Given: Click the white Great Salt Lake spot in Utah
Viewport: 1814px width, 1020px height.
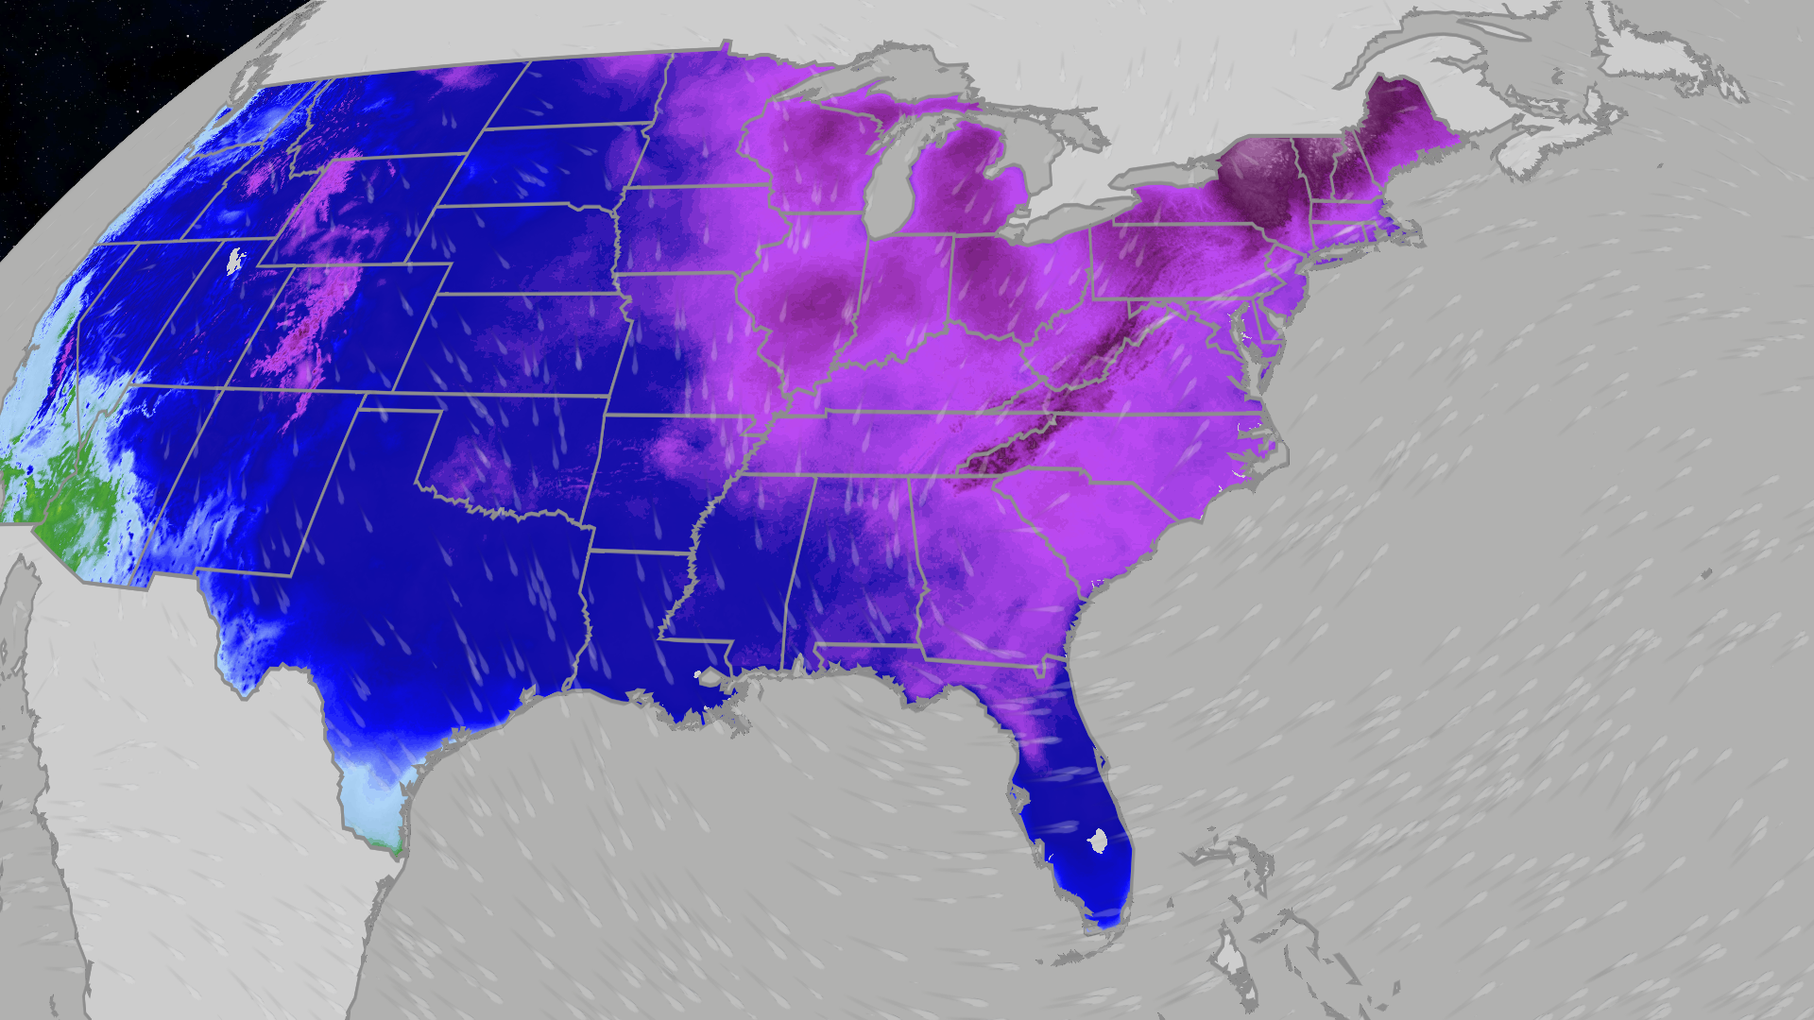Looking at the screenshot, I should [x=235, y=259].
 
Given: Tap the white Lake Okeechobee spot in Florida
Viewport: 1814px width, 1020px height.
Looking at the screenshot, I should [x=1098, y=840].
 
